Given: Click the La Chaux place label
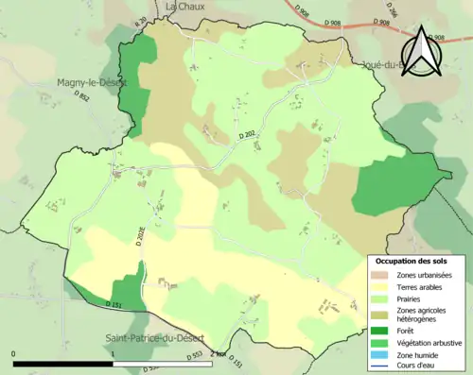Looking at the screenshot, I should (185, 6).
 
